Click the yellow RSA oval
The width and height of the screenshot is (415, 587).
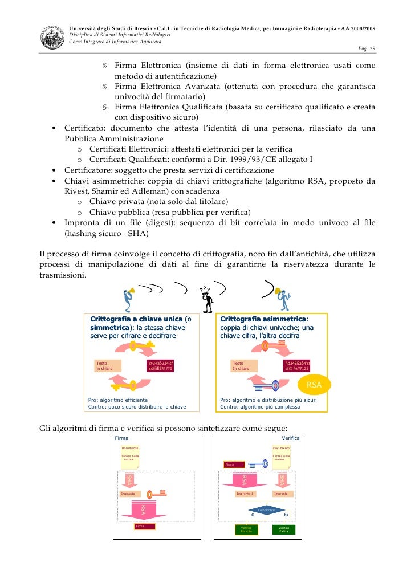[314, 385]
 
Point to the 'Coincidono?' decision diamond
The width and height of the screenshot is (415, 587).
[266, 510]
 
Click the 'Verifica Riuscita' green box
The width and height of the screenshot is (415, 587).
[246, 529]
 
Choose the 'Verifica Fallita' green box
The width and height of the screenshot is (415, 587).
[283, 529]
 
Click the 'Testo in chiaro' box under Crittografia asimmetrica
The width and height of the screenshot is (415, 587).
[243, 365]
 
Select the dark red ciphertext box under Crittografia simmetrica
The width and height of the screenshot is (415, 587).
[160, 365]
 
